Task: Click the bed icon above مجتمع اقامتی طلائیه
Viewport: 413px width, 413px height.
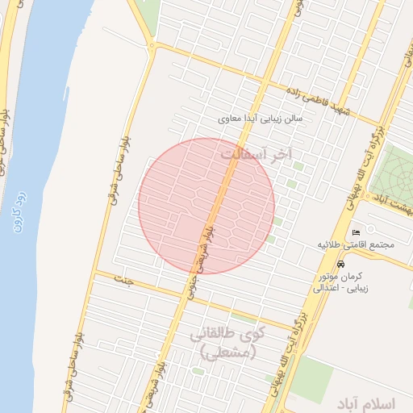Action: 357,234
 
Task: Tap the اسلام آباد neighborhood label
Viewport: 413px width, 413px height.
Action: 370,401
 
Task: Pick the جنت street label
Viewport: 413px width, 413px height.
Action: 124,279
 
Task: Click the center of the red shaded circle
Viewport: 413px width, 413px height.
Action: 206,206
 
